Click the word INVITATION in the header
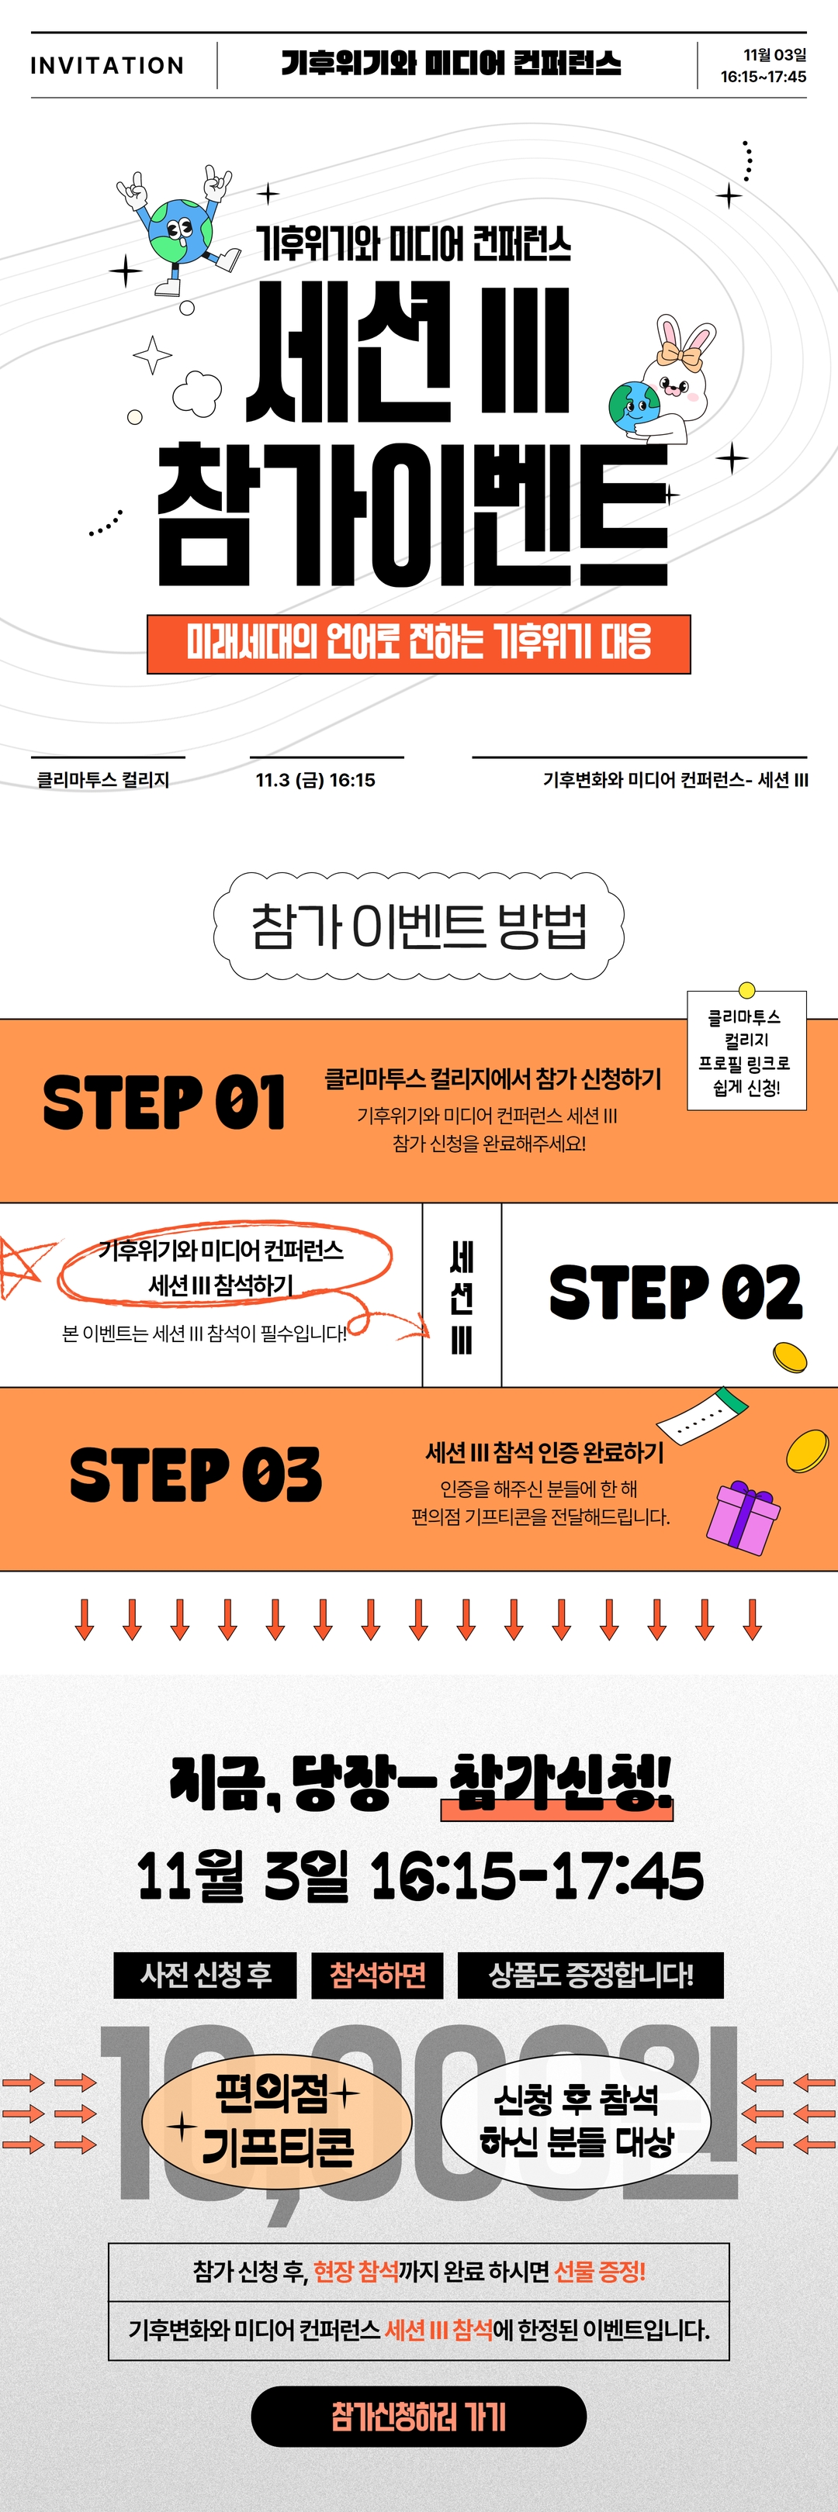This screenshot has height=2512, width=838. tap(107, 65)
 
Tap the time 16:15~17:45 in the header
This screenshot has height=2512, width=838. tap(763, 76)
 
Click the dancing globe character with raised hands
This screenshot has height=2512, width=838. tap(178, 231)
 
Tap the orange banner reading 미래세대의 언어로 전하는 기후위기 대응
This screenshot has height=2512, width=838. tap(418, 644)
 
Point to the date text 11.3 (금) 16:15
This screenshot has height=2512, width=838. tap(315, 779)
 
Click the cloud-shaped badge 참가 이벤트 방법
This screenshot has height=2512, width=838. tap(418, 926)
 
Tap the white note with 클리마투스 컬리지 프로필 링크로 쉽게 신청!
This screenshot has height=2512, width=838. tap(746, 1051)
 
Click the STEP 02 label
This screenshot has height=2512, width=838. tap(675, 1293)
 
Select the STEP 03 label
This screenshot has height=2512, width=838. tap(195, 1475)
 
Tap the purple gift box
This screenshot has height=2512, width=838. tap(744, 1517)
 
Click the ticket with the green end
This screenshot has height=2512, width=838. tap(702, 1412)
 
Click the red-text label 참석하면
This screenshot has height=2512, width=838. tap(378, 1975)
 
